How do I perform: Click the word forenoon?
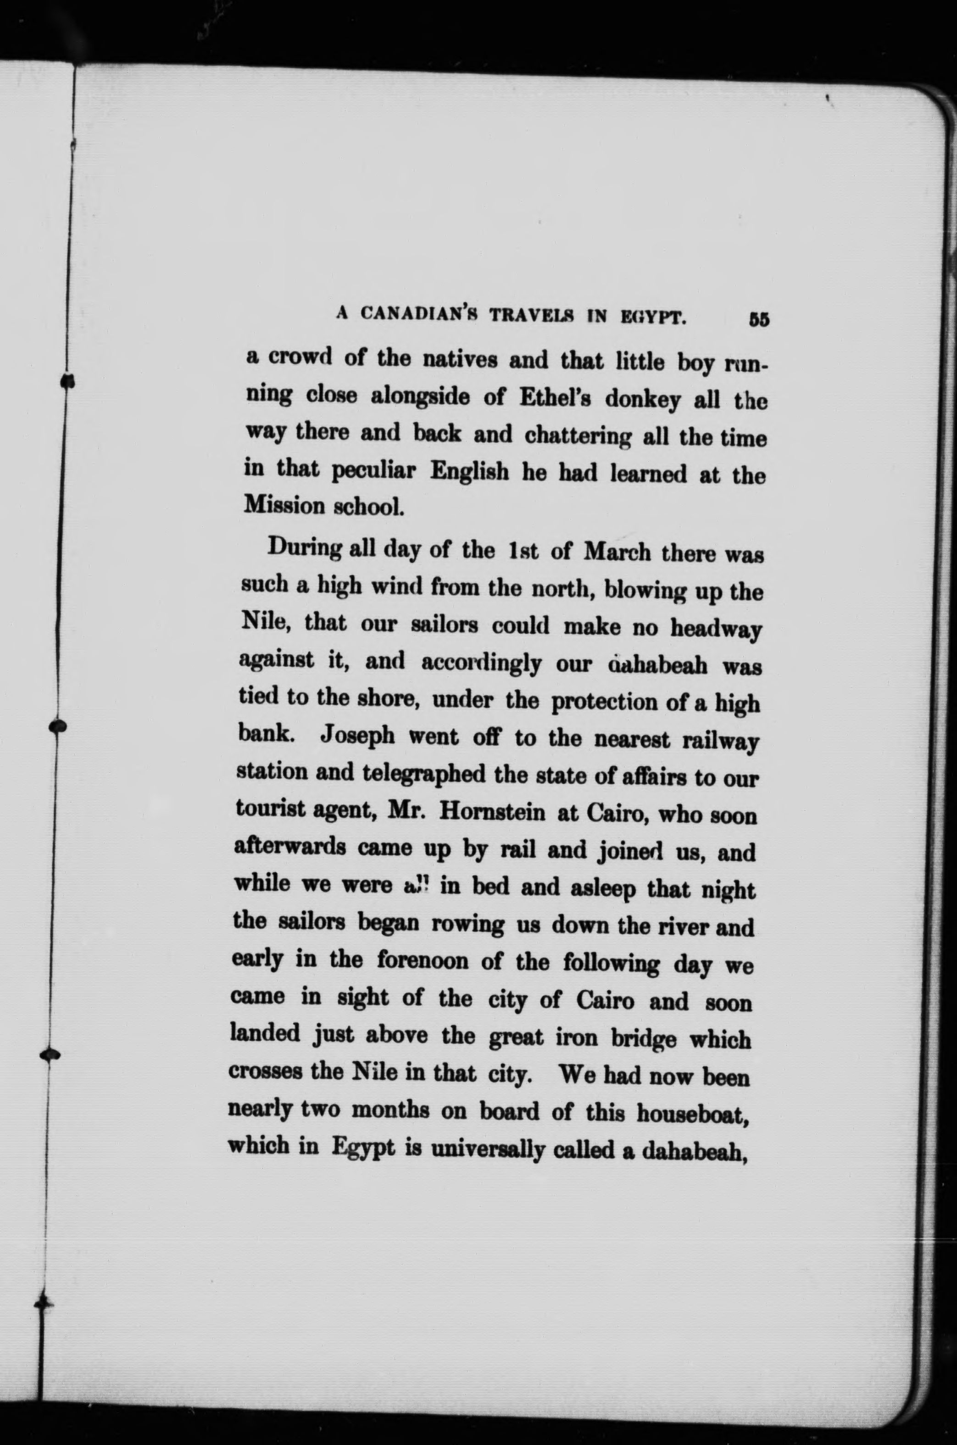pos(423,961)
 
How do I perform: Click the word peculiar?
pos(375,471)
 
